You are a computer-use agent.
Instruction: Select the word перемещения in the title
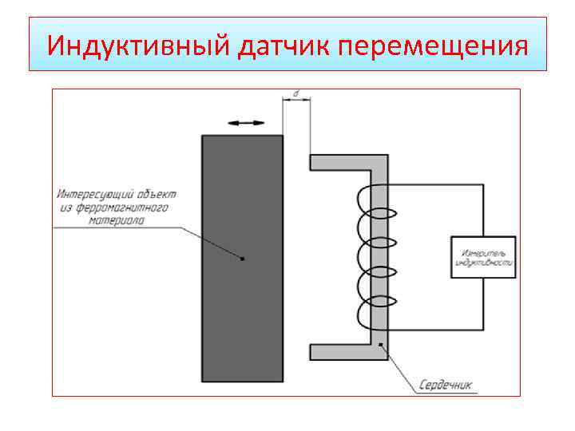(x=433, y=45)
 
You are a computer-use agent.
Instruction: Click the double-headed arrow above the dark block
(x=245, y=122)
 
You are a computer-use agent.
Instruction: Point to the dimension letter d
(x=296, y=94)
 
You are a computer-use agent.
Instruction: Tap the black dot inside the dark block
(x=243, y=259)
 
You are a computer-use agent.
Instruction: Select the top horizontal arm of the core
(x=339, y=163)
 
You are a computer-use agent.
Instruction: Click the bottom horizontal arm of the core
(x=339, y=352)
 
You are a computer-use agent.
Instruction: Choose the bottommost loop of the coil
(x=371, y=314)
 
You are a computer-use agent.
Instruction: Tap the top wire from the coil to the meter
(x=435, y=185)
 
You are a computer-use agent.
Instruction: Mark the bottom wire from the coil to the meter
(x=435, y=330)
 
